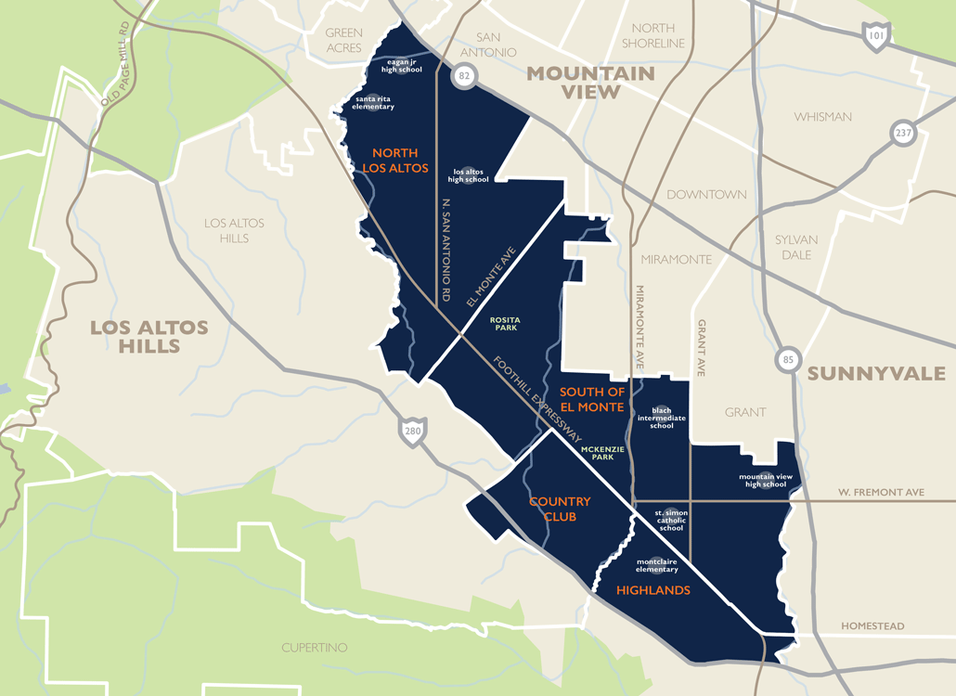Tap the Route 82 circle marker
click(463, 75)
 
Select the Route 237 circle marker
click(903, 133)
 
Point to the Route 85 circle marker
click(788, 360)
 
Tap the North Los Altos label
click(395, 161)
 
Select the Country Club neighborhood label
click(560, 509)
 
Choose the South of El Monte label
click(591, 399)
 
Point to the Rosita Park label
click(505, 324)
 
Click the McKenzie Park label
click(603, 454)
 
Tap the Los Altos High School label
click(470, 175)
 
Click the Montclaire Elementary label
click(657, 565)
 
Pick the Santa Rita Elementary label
click(373, 102)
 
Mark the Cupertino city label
click(315, 647)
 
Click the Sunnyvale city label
click(875, 374)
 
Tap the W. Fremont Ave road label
click(881, 492)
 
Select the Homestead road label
click(872, 626)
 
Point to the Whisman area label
click(822, 117)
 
